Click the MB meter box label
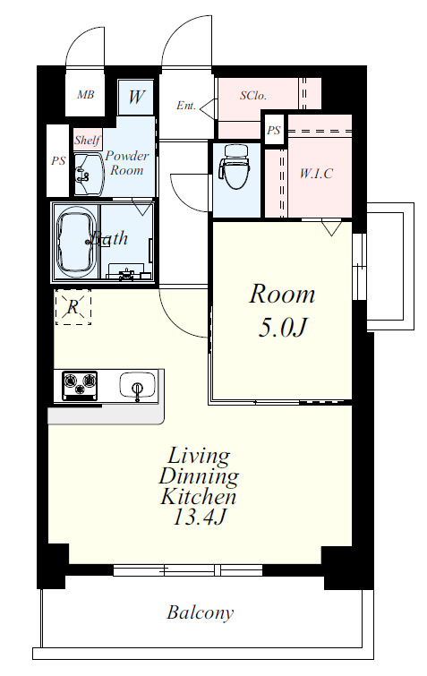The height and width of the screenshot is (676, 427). [x=85, y=94]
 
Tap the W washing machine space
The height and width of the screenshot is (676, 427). [x=136, y=97]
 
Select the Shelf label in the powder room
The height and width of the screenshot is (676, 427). [x=87, y=140]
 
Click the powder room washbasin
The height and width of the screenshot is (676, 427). [x=89, y=174]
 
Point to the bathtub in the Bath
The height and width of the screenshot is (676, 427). [x=76, y=244]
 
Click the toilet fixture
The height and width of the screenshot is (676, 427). [x=235, y=167]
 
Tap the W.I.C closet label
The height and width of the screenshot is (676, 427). [x=316, y=174]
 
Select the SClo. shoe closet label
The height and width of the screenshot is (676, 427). [x=253, y=95]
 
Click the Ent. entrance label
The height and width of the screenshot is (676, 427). [x=186, y=105]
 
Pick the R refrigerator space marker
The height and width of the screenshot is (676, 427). [x=73, y=307]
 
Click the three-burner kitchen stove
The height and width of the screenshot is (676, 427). [x=80, y=384]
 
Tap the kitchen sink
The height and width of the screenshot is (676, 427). [x=138, y=385]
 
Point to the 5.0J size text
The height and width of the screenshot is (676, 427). [x=282, y=328]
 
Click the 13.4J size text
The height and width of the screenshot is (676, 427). [x=199, y=517]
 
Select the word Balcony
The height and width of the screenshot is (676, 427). [x=201, y=612]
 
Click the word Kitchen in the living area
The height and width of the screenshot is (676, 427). [x=199, y=497]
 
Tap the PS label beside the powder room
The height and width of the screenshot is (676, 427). [x=58, y=161]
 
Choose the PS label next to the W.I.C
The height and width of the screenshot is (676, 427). [x=274, y=130]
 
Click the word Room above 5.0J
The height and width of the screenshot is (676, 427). [x=282, y=295]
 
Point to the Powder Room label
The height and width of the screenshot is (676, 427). [x=127, y=163]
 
